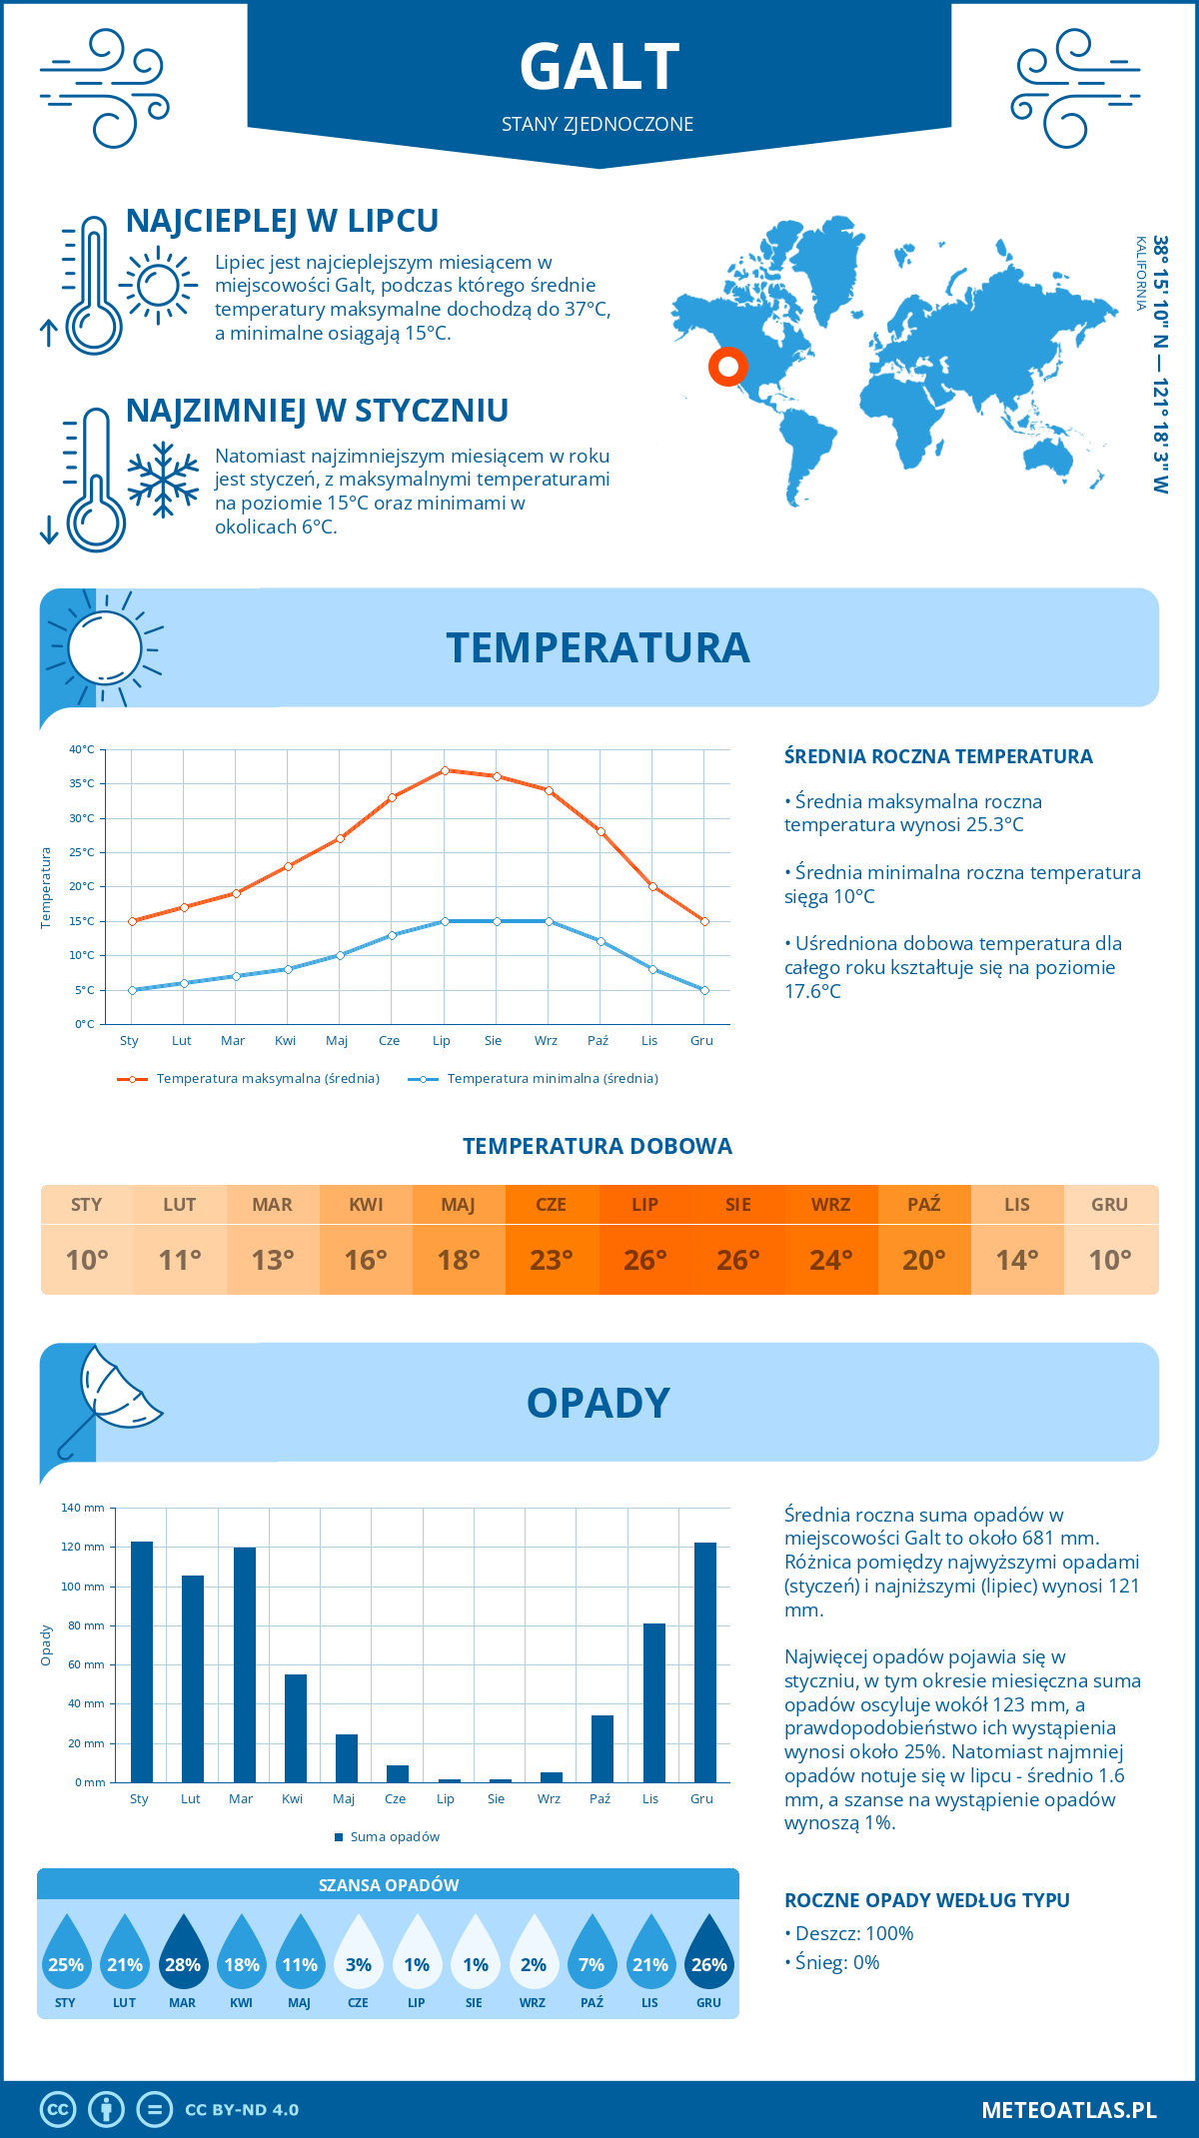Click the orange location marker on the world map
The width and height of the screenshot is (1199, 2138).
click(x=728, y=367)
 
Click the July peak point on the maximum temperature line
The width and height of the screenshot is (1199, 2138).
click(x=445, y=770)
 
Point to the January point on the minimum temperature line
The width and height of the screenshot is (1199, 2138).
click(x=132, y=990)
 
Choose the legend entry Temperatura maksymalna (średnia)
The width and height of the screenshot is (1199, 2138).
click(x=249, y=1079)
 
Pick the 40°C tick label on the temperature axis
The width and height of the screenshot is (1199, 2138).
click(x=82, y=749)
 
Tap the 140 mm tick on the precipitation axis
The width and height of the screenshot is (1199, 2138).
click(x=83, y=1508)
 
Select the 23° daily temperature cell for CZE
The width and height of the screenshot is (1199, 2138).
click(x=552, y=1260)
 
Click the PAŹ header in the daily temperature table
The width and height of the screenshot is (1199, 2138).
click(x=924, y=1205)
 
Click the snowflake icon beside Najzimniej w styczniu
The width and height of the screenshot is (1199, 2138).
click(x=163, y=480)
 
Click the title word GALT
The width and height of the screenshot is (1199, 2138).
click(x=599, y=67)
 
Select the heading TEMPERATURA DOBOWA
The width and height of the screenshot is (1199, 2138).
click(x=598, y=1147)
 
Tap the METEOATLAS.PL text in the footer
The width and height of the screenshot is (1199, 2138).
click(x=1069, y=2110)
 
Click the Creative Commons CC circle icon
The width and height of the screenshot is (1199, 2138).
click(x=58, y=2110)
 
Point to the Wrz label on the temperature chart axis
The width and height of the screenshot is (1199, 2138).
click(x=546, y=1041)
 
